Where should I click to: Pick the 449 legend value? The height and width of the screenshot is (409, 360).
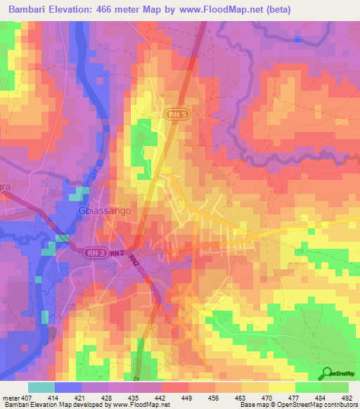(186, 397)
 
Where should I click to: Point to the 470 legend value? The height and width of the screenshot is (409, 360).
(266, 397)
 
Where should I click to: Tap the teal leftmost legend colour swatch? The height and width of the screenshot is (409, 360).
(41, 387)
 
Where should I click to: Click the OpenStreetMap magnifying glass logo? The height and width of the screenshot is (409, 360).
(327, 373)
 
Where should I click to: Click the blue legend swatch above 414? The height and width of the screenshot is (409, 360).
(68, 387)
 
